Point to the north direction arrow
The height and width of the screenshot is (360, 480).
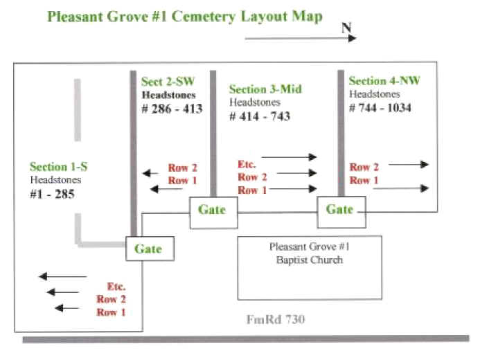click(x=301, y=38)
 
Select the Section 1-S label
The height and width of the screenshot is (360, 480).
click(x=59, y=167)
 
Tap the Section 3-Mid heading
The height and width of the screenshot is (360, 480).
click(x=265, y=89)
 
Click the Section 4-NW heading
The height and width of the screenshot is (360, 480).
click(x=384, y=81)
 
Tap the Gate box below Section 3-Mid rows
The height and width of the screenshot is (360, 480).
click(x=214, y=209)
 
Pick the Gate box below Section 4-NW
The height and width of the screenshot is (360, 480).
click(x=341, y=209)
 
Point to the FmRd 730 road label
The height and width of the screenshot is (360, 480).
click(x=275, y=320)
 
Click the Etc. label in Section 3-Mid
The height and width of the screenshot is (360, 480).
click(x=247, y=164)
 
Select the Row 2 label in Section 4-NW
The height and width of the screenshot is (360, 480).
click(x=364, y=167)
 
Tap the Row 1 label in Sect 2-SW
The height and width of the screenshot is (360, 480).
click(x=183, y=181)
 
